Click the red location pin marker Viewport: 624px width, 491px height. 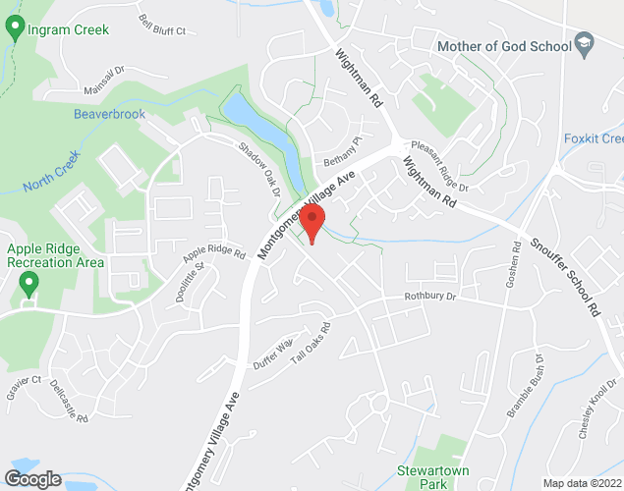click(312, 224)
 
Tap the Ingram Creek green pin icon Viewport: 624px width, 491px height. click(15, 28)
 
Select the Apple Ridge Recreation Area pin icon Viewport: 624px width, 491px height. click(28, 285)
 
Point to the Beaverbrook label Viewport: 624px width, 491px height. click(109, 115)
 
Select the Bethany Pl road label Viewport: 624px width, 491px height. click(344, 154)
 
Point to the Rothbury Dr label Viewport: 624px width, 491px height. click(430, 297)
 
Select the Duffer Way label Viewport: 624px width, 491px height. click(273, 352)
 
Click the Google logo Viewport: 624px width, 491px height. click(32, 478)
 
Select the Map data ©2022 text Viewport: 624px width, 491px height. click(582, 483)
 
